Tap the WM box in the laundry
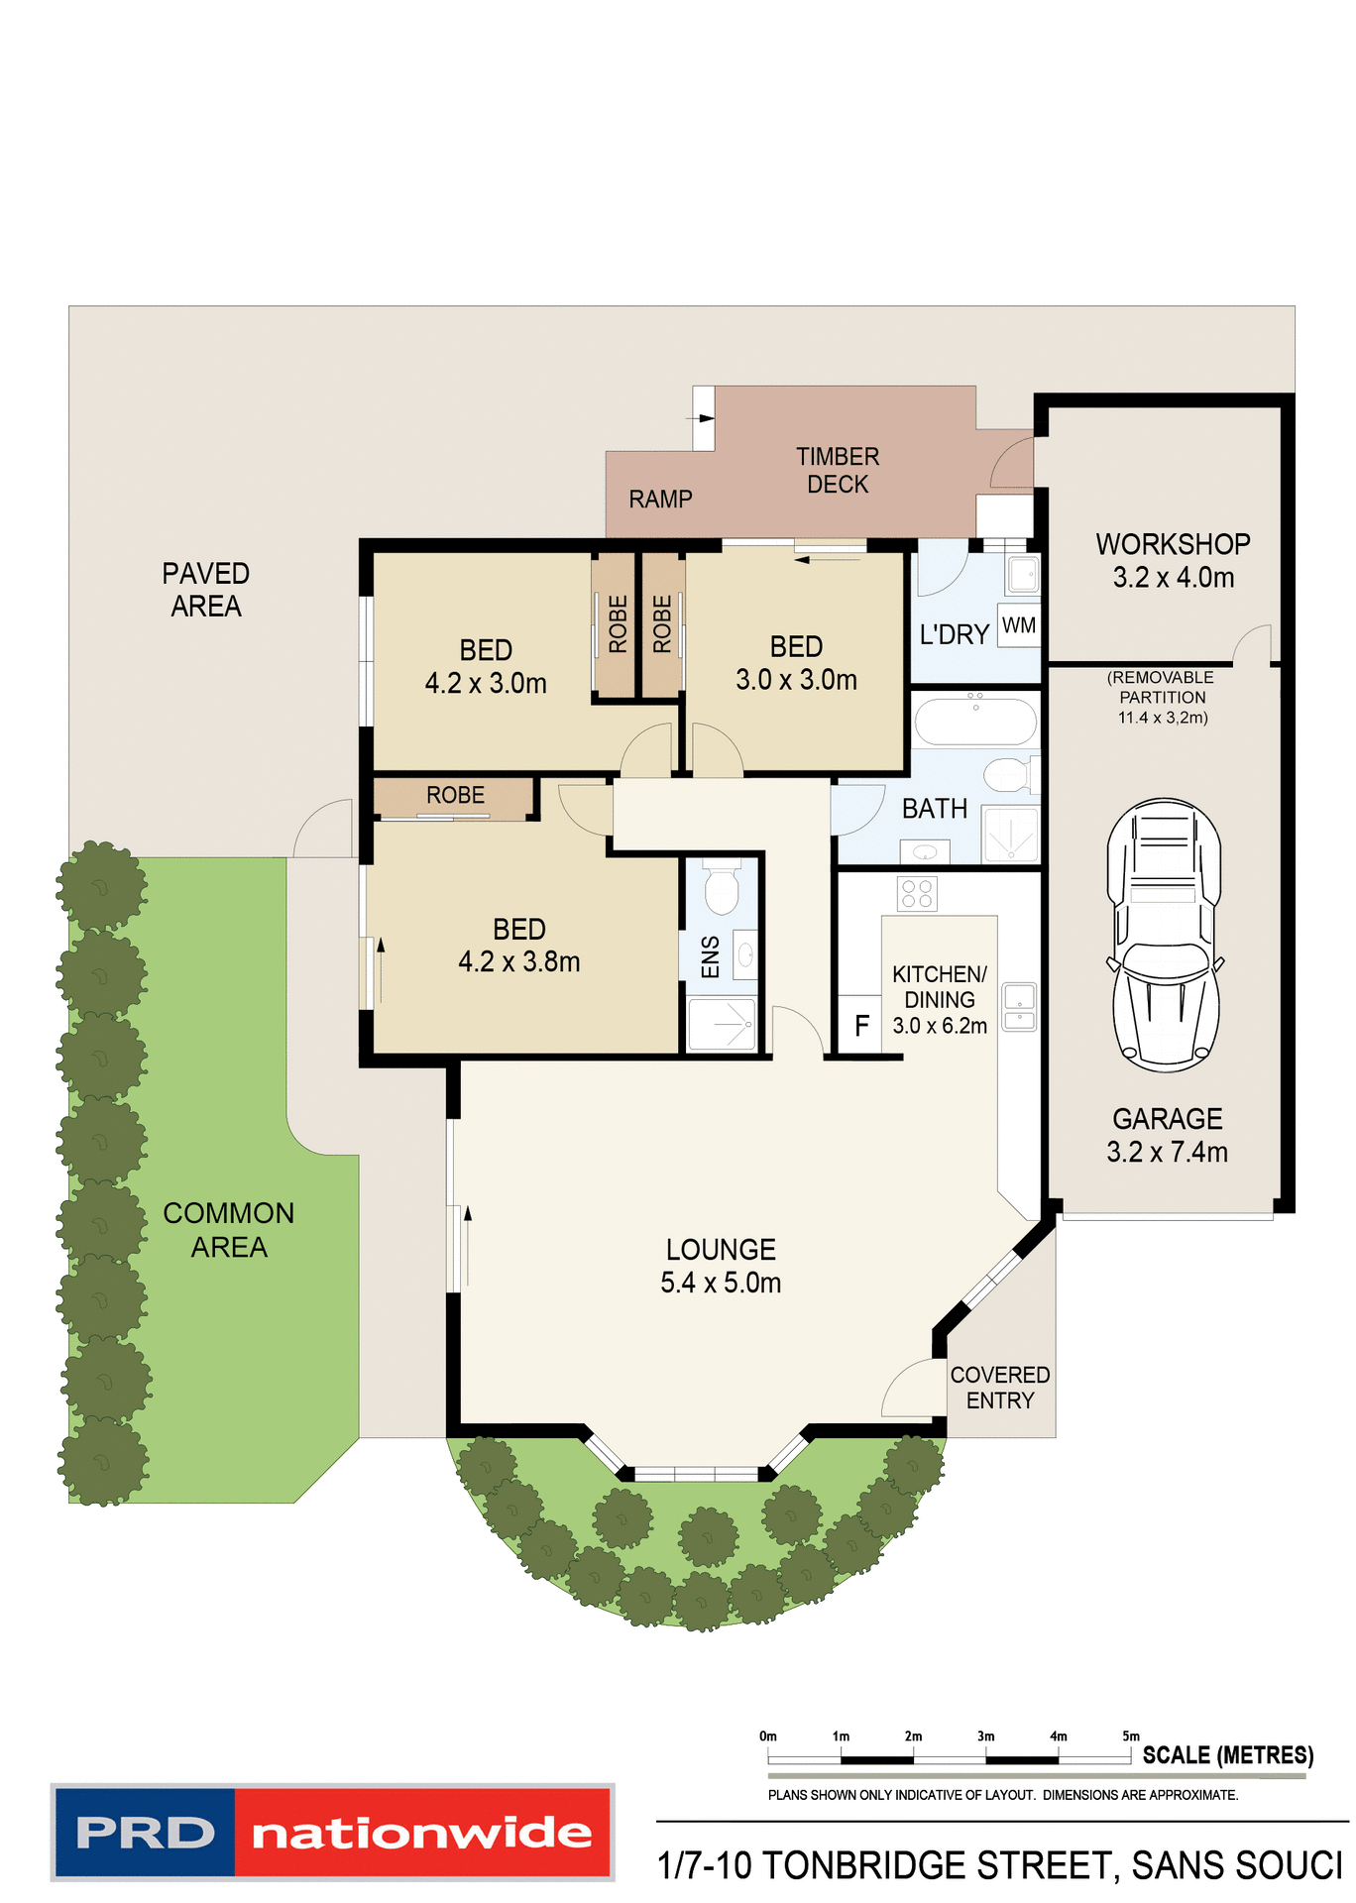(x=1019, y=625)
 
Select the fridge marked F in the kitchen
(x=860, y=1025)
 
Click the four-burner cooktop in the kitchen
(x=917, y=893)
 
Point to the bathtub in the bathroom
(x=975, y=721)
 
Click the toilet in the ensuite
(x=722, y=889)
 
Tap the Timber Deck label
(x=838, y=471)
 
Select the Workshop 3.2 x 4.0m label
(x=1173, y=561)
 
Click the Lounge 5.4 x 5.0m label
(x=721, y=1266)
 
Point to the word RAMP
(x=660, y=500)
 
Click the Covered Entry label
(x=999, y=1388)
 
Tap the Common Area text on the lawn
(x=228, y=1230)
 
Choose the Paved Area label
(x=206, y=590)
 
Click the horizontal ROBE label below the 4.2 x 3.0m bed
(x=455, y=795)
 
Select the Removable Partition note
(x=1162, y=698)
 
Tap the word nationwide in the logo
(x=422, y=1834)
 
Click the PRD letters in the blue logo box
(x=145, y=1834)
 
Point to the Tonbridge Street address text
(x=999, y=1866)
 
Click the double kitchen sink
(x=1019, y=1007)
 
